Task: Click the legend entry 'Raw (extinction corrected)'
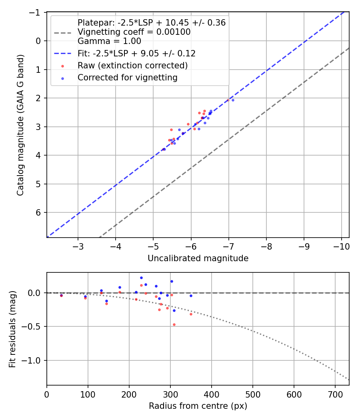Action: click(x=132, y=65)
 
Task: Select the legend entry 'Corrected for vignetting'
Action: click(x=127, y=78)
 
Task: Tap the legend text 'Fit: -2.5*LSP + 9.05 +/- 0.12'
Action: click(x=136, y=53)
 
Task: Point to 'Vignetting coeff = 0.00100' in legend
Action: click(x=134, y=32)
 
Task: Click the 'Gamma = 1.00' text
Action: click(x=109, y=41)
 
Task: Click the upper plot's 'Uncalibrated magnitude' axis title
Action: click(x=198, y=258)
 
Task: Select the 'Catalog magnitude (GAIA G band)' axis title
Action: click(x=20, y=125)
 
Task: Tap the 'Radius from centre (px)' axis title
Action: click(x=198, y=406)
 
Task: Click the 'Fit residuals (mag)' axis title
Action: click(x=12, y=329)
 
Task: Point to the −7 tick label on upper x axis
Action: click(x=228, y=245)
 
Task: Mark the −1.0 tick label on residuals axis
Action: click(x=33, y=360)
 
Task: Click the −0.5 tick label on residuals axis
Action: click(x=33, y=326)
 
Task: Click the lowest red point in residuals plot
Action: click(x=174, y=324)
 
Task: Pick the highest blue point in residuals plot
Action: click(x=141, y=278)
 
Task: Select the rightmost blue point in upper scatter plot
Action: click(x=233, y=100)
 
